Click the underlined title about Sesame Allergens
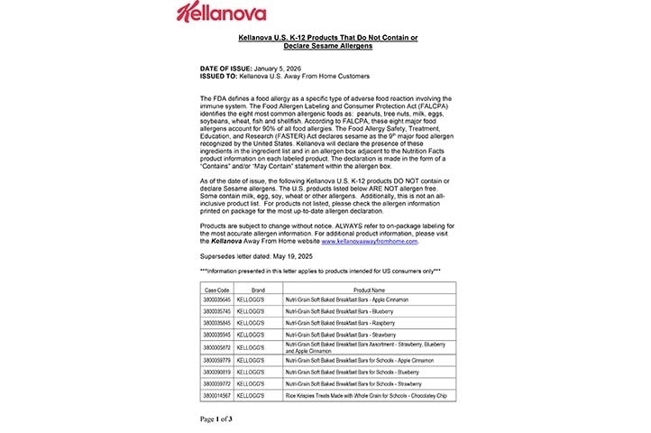(x=327, y=41)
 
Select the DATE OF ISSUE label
(x=226, y=69)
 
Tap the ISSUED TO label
(x=219, y=76)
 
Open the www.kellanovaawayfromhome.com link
(x=370, y=242)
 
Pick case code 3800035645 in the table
(x=216, y=299)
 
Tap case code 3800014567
(x=216, y=396)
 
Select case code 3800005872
(x=216, y=346)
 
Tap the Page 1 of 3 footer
(x=216, y=419)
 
